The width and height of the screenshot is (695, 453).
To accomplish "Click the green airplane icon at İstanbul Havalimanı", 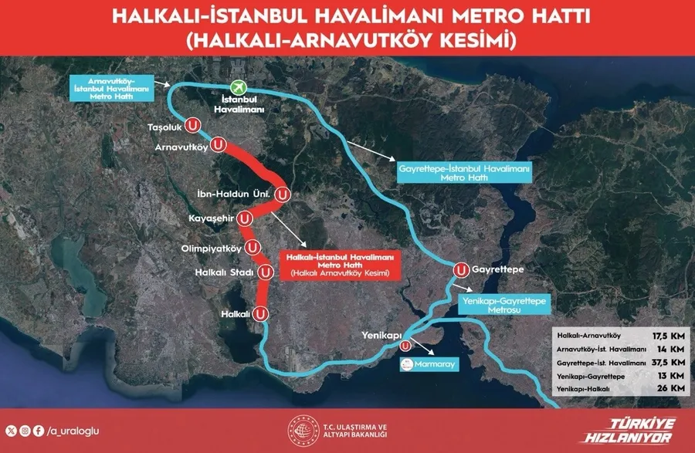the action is [x=243, y=90].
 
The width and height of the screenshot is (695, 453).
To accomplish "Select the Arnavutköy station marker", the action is [x=219, y=144].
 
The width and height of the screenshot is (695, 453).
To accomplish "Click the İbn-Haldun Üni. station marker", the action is [x=283, y=194].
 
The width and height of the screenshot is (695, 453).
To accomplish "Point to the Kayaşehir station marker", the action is [x=245, y=218].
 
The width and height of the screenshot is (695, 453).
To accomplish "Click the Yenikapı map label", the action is [x=382, y=336].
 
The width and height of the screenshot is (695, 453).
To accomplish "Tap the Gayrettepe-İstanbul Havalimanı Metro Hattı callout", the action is [x=463, y=172].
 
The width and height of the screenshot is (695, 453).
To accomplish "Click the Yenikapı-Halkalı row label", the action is [x=583, y=389].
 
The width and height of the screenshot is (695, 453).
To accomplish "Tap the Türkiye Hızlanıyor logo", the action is [x=642, y=429].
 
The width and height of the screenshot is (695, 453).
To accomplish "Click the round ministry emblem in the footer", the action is [x=298, y=430].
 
